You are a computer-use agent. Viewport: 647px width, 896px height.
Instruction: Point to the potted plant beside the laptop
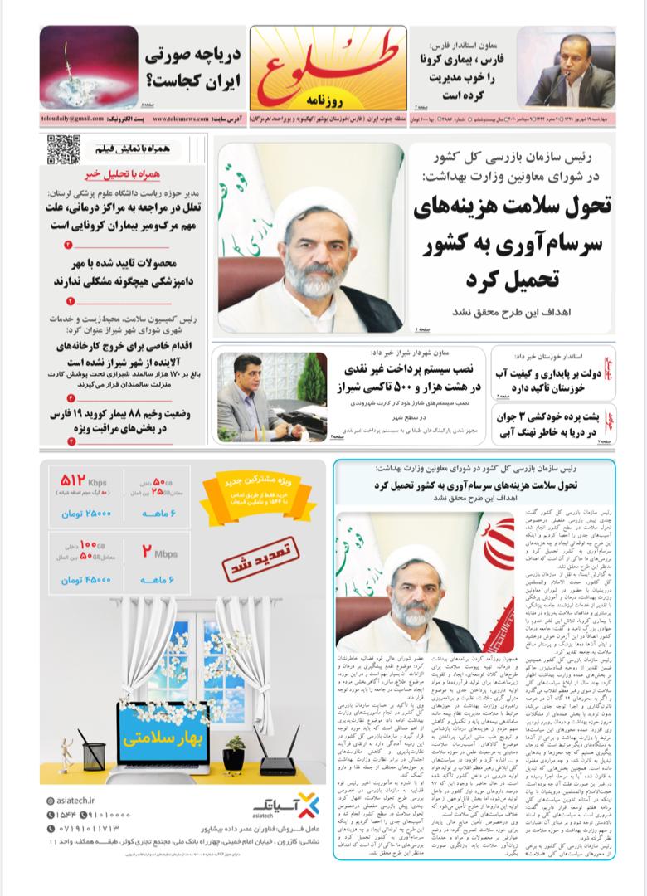(234, 751)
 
